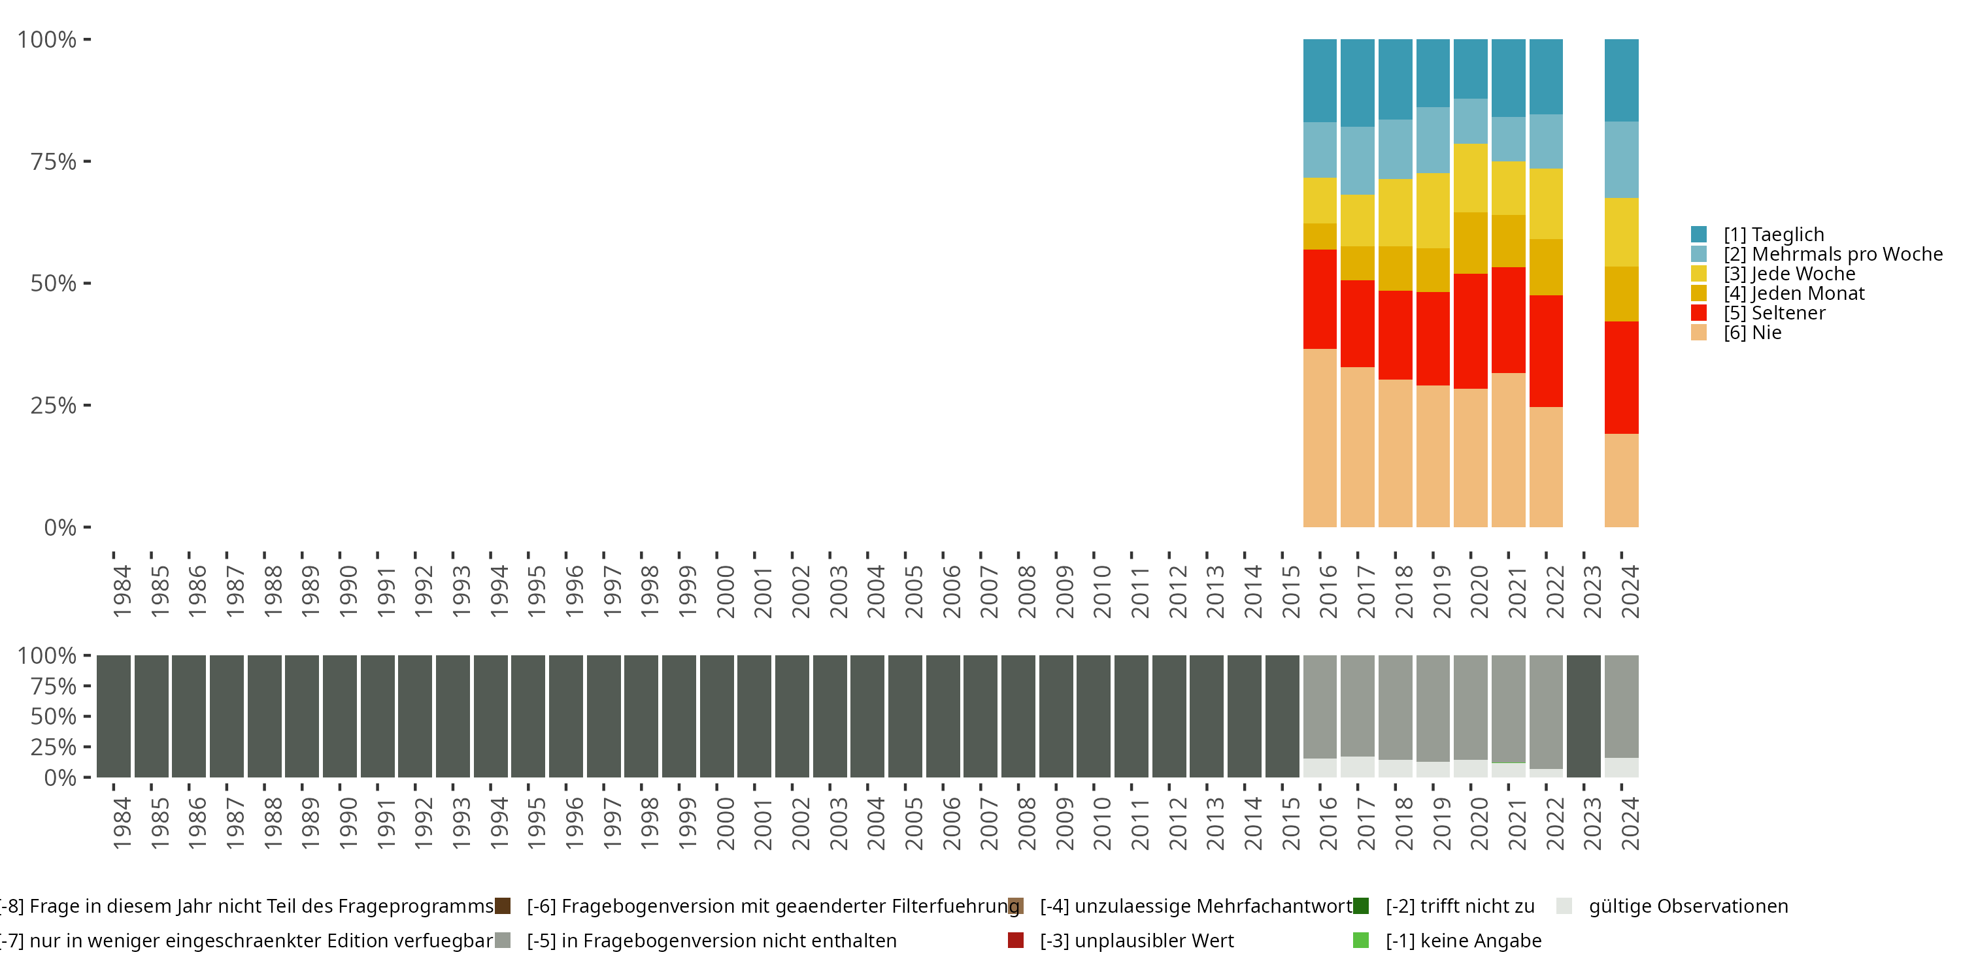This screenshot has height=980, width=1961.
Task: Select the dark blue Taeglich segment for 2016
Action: pos(1319,80)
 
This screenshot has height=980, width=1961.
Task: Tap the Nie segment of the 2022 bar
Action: pos(1545,466)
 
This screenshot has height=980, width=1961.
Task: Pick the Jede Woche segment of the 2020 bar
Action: pos(1470,178)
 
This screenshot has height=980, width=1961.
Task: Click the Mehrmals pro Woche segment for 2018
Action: pos(1395,149)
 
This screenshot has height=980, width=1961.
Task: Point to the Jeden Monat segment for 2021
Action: pos(1507,241)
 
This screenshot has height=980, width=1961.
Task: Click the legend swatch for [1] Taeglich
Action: pos(1698,235)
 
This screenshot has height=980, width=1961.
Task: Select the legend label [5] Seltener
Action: pos(1774,313)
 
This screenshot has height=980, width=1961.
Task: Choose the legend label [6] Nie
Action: pos(1752,333)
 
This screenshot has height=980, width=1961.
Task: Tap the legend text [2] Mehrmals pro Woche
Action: pos(1832,254)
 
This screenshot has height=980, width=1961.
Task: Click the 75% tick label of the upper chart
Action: pos(54,161)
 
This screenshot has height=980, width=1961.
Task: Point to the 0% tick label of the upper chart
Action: pos(60,527)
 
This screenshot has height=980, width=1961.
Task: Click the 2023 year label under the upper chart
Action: pos(1592,592)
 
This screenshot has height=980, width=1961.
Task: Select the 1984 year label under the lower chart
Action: pos(122,823)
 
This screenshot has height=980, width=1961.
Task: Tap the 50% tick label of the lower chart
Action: pos(54,716)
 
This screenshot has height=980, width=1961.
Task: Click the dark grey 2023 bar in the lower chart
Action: pos(1583,716)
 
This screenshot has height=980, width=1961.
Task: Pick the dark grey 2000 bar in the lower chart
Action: pos(716,716)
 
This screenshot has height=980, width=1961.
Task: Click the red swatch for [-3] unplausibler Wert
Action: pos(1016,940)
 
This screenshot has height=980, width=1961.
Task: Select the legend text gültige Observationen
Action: pos(1688,906)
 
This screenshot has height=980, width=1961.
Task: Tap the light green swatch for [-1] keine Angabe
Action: pos(1360,940)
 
